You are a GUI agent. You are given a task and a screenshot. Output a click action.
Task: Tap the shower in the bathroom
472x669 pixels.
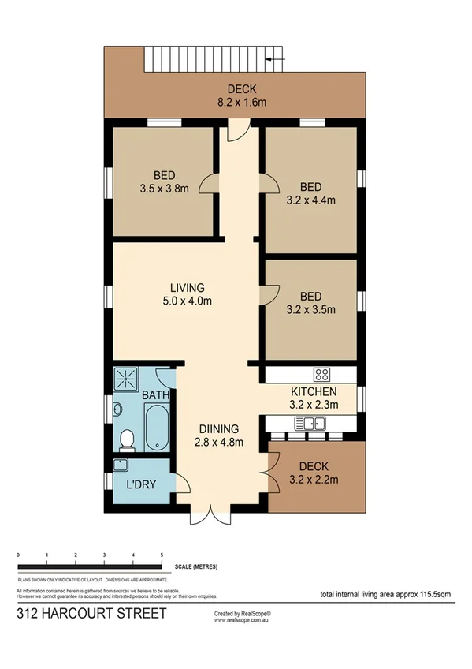click(125, 382)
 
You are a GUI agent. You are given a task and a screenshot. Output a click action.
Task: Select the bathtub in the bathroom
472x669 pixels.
click(156, 427)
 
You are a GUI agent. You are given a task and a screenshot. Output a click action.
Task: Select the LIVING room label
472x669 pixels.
click(188, 287)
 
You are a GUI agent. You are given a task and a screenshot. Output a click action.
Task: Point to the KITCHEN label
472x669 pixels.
click(314, 392)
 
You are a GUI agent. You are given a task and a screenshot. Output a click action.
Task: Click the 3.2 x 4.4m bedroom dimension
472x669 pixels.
click(310, 200)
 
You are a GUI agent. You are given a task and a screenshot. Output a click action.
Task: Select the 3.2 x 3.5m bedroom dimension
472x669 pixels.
click(310, 310)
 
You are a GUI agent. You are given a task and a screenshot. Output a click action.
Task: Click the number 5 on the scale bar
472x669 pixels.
click(162, 556)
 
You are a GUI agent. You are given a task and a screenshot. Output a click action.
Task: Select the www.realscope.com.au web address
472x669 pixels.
click(242, 620)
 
